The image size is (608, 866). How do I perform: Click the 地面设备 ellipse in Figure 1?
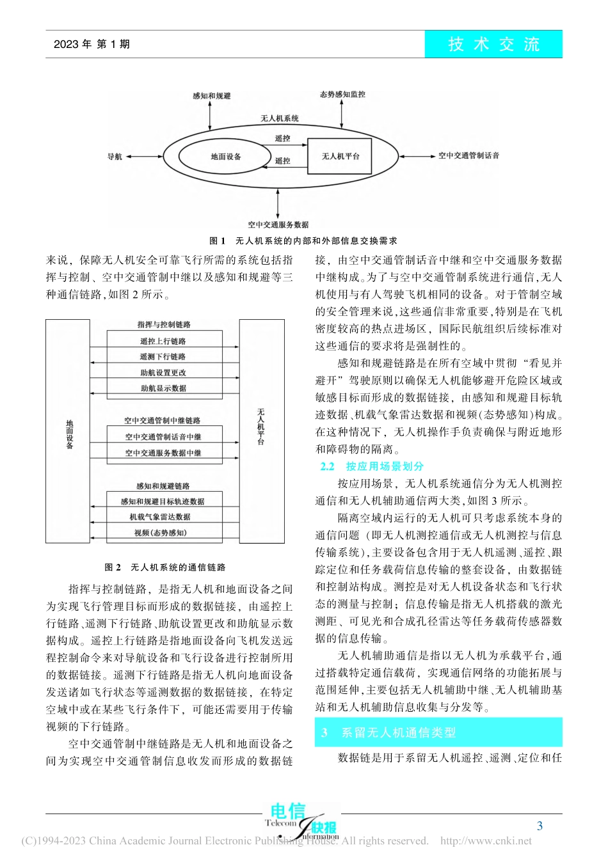(x=225, y=157)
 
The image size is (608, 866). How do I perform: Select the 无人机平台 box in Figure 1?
(x=340, y=157)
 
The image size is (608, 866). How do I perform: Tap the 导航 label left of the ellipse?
(x=115, y=157)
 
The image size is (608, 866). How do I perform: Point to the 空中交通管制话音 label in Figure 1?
(x=468, y=155)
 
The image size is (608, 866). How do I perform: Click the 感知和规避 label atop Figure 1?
(x=211, y=96)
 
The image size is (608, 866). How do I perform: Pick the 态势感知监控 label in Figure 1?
(x=342, y=95)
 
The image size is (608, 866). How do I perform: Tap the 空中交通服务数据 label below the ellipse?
(x=278, y=224)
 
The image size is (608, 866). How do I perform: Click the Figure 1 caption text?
(x=303, y=241)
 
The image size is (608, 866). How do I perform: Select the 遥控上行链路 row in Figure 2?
(x=163, y=341)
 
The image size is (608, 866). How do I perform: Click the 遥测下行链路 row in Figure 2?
(x=163, y=357)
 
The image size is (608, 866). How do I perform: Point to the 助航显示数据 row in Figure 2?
(x=163, y=388)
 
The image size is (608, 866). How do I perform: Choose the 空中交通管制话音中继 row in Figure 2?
(x=163, y=437)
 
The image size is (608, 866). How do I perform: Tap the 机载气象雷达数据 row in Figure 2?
(x=160, y=517)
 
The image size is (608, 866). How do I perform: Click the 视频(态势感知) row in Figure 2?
(x=160, y=533)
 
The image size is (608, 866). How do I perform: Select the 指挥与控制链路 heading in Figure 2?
(x=164, y=325)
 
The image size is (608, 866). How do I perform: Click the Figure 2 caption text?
(x=164, y=567)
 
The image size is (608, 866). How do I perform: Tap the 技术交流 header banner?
(x=493, y=44)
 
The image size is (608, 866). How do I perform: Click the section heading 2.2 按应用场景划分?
(x=372, y=466)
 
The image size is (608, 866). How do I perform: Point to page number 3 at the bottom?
(x=540, y=826)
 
